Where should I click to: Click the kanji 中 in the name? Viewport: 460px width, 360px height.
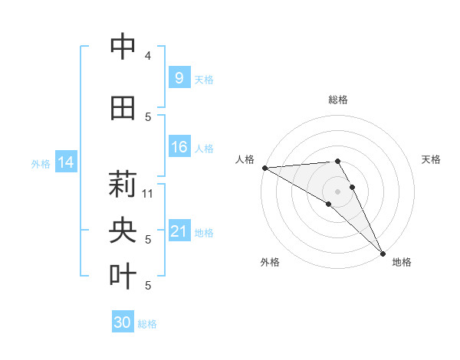(x=123, y=47)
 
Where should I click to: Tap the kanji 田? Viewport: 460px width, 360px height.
(x=123, y=108)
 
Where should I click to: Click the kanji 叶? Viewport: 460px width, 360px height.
(x=123, y=277)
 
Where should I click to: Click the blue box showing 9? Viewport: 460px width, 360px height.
(x=179, y=77)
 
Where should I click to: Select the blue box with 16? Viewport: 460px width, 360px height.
(x=179, y=147)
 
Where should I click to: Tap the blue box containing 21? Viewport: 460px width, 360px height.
(x=179, y=231)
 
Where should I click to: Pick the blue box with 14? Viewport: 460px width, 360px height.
(x=66, y=162)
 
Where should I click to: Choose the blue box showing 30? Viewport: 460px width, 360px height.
(x=123, y=322)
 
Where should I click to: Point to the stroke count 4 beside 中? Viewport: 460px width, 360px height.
(x=148, y=56)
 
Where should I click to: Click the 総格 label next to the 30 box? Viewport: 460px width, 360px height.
(x=147, y=324)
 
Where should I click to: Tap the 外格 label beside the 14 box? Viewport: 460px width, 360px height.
(x=41, y=163)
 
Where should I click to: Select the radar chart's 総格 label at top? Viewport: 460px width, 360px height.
(x=337, y=100)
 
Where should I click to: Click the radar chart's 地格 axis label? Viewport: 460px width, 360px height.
(x=402, y=262)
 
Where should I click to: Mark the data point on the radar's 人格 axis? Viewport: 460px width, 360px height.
(x=264, y=167)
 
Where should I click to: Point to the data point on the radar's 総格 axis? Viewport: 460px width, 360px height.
(x=337, y=161)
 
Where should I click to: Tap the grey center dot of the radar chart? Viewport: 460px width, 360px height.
(x=337, y=191)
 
